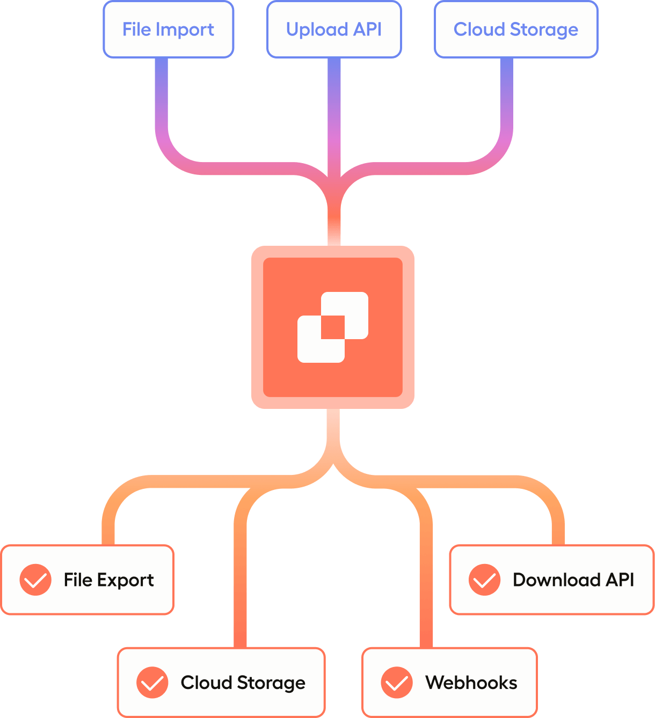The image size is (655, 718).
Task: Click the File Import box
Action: tap(169, 30)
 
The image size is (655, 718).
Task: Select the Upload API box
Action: tap(334, 30)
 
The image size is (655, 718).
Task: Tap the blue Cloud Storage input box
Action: tap(516, 30)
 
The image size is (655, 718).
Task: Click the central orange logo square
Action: tap(333, 327)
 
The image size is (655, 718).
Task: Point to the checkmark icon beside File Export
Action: tap(35, 580)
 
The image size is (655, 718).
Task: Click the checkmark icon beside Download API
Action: tap(484, 580)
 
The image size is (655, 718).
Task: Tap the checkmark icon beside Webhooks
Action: tap(397, 683)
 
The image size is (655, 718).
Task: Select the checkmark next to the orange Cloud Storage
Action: tap(152, 683)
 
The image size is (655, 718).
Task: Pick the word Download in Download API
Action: tap(557, 580)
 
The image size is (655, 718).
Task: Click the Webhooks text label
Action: tap(471, 683)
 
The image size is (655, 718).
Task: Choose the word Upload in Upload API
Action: tap(317, 30)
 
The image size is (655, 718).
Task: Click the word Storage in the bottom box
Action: tap(271, 683)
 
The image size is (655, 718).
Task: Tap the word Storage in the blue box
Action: tap(544, 30)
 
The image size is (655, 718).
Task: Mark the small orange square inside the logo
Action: tap(333, 327)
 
